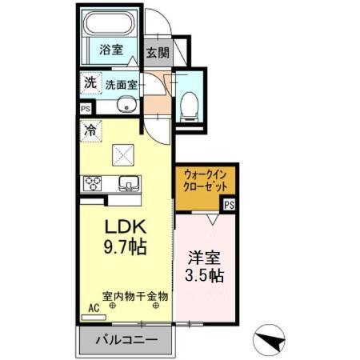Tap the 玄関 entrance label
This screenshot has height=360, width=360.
coord(157,53)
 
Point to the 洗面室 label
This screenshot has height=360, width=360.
coord(121,82)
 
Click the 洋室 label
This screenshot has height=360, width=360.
coord(205,258)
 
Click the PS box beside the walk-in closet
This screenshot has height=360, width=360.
coord(230,204)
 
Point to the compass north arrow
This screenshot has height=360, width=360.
coord(271,339)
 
